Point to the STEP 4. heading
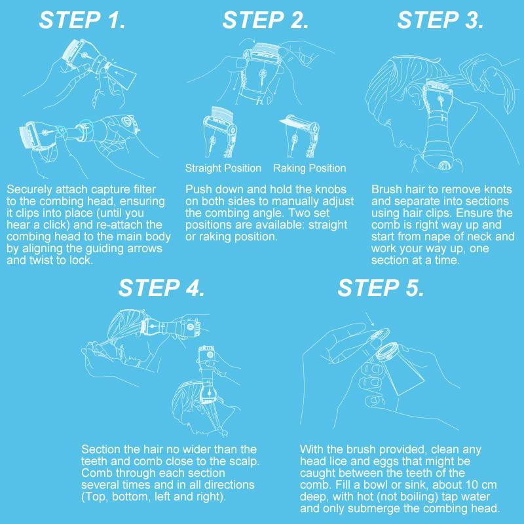(162, 288)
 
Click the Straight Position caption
(223, 168)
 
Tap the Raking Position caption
(309, 168)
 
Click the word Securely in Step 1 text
(28, 189)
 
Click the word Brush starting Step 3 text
(386, 189)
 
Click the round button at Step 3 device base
(445, 166)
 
